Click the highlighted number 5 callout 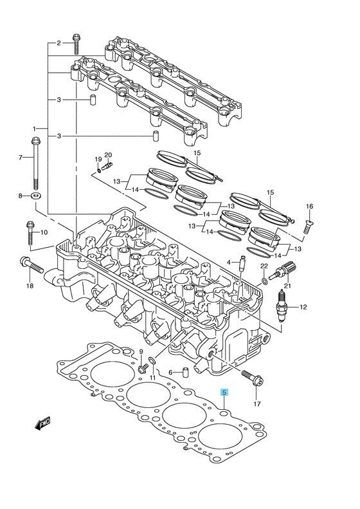click(224, 393)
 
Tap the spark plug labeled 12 click(282, 306)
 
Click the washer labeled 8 click(35, 196)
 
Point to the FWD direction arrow click(43, 423)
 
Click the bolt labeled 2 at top click(76, 44)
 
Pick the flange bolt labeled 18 click(32, 265)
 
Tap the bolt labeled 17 click(253, 378)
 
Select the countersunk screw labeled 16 click(307, 227)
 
